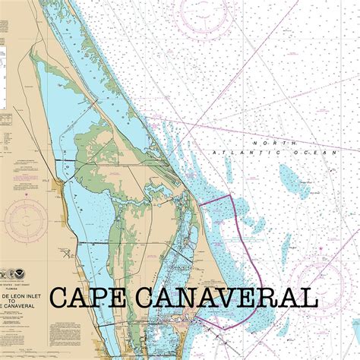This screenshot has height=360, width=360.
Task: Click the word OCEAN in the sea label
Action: click(321, 153)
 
